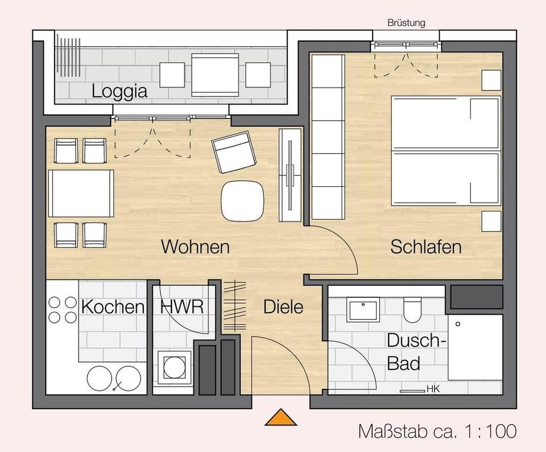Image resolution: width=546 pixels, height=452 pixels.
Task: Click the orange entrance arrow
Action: pyautogui.click(x=280, y=417)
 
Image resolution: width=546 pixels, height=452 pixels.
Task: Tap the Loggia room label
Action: pyautogui.click(x=119, y=91)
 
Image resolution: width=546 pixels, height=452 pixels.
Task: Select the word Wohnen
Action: pyautogui.click(x=195, y=246)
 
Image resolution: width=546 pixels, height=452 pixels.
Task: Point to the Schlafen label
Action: pyautogui.click(x=426, y=246)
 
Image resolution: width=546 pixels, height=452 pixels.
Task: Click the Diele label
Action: pyautogui.click(x=283, y=307)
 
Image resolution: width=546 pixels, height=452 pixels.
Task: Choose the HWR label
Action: pyautogui.click(x=182, y=307)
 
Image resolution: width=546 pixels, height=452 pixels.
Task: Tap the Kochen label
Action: pyautogui.click(x=113, y=307)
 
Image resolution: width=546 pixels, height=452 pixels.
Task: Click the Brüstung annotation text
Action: pyautogui.click(x=406, y=23)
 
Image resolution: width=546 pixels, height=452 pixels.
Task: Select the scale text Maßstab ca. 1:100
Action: pyautogui.click(x=437, y=431)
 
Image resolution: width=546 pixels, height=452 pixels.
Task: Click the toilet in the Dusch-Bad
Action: pyautogui.click(x=412, y=309)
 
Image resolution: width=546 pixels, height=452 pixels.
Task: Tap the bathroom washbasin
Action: pyautogui.click(x=363, y=310)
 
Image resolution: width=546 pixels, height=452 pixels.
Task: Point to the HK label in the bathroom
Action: pyautogui.click(x=433, y=389)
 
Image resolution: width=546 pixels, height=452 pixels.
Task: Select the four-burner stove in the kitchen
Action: pyautogui.click(x=63, y=310)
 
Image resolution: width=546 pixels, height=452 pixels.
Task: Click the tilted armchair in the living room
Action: pyautogui.click(x=234, y=152)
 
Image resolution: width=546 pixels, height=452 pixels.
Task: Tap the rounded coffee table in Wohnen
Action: pyautogui.click(x=242, y=201)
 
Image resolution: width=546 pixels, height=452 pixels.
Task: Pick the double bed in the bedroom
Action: pyautogui.click(x=446, y=151)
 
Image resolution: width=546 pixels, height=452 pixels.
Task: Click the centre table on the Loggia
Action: pyautogui.click(x=215, y=75)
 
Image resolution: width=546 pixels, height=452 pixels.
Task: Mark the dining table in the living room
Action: pyautogui.click(x=81, y=194)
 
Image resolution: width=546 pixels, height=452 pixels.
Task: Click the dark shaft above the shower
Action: pyautogui.click(x=477, y=297)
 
